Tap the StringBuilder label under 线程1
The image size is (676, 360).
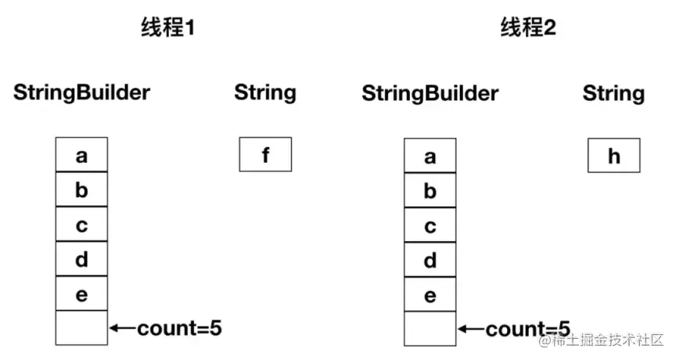coord(81,92)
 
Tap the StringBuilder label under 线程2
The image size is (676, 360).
coord(430,94)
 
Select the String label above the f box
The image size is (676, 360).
coord(265,92)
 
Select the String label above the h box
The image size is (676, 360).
coord(613,94)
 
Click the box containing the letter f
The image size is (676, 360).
coord(265,154)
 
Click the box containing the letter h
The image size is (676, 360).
coord(613,156)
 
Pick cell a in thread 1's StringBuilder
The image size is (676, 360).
coord(81,154)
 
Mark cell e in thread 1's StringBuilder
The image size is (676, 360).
coord(81,293)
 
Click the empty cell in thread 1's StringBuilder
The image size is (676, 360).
coord(81,327)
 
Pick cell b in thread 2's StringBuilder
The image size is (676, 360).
coord(430,190)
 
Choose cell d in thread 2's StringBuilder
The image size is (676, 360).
coord(430,260)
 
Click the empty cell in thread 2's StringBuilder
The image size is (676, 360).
coord(430,329)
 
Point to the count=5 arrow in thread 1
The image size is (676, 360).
coord(123,328)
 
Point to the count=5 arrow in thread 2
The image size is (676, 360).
coord(471,329)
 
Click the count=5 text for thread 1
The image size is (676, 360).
coord(179,328)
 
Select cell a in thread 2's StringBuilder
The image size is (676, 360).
coord(430,156)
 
